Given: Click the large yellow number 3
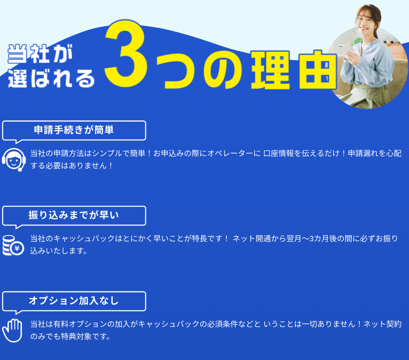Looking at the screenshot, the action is [x=126, y=53].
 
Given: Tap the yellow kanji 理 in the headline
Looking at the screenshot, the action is [x=270, y=70].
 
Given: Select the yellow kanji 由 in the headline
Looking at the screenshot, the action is [x=318, y=70].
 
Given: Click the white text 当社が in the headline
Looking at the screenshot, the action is [x=40, y=54].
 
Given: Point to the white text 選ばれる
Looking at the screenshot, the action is [x=51, y=78].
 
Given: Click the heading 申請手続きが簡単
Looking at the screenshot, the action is [x=74, y=130].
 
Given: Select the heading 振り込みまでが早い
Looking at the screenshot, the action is [x=74, y=215].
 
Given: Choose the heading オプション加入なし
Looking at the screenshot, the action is [x=74, y=301].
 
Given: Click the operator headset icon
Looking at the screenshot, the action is [x=14, y=160].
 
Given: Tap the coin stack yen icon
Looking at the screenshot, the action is [x=13, y=246].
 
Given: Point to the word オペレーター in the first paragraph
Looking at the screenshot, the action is [x=230, y=153].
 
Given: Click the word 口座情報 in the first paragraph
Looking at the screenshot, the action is [x=278, y=153].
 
